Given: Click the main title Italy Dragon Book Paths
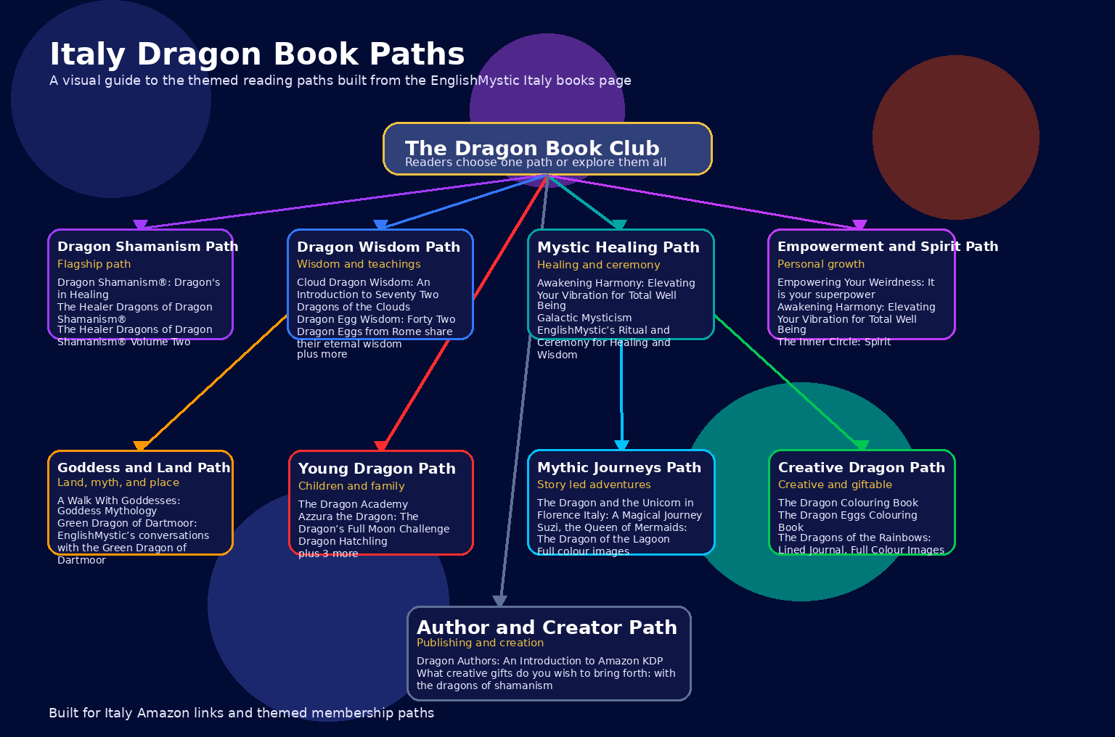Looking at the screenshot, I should pyautogui.click(x=257, y=54).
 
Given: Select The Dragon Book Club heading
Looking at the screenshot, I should pyautogui.click(x=532, y=148).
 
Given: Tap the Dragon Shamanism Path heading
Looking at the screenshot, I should pyautogui.click(x=147, y=247).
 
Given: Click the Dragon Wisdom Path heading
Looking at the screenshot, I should pyautogui.click(x=378, y=247).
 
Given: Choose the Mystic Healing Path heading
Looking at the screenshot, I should pyautogui.click(x=618, y=247).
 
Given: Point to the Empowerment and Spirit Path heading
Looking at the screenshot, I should pyautogui.click(x=887, y=247).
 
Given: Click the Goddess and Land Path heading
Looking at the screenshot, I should pyautogui.click(x=144, y=468).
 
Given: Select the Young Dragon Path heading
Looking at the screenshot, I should pyautogui.click(x=377, y=469).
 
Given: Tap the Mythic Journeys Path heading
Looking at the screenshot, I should pyautogui.click(x=618, y=468).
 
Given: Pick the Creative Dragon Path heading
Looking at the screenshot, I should pyautogui.click(x=861, y=468).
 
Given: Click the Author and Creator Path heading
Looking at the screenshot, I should pyautogui.click(x=546, y=627).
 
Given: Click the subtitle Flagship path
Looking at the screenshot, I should pyautogui.click(x=94, y=264).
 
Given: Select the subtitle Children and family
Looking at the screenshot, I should pyautogui.click(x=351, y=486).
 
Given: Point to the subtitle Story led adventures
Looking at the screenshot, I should pyautogui.click(x=594, y=485).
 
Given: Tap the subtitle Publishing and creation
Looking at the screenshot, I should pyautogui.click(x=480, y=643).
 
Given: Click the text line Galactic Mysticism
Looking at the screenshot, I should pyautogui.click(x=584, y=318).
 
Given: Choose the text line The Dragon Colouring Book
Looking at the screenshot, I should pyautogui.click(x=848, y=503).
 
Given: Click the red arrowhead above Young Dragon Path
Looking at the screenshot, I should pyautogui.click(x=381, y=446).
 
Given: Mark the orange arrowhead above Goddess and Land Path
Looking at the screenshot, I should pyautogui.click(x=141, y=446).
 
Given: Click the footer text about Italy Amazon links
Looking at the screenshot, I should pyautogui.click(x=241, y=713).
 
